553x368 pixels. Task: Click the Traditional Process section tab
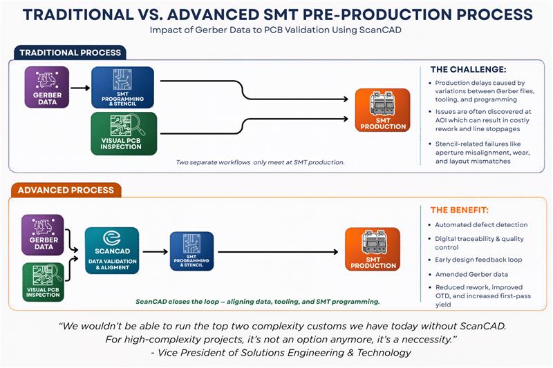tap(69, 52)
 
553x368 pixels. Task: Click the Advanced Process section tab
tap(66, 190)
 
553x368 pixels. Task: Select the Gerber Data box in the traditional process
tap(47, 87)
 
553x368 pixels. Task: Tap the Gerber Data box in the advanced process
tap(43, 235)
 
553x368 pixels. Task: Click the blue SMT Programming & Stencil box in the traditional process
tap(122, 87)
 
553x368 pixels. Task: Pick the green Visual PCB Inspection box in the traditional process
tap(122, 133)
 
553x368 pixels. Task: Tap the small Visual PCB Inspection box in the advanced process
tap(43, 282)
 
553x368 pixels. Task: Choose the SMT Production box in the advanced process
tap(373, 250)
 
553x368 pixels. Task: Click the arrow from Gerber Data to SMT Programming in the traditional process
tap(80, 88)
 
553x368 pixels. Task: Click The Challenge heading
tap(468, 70)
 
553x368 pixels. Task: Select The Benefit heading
tap(460, 210)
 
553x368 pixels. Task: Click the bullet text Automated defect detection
tap(480, 225)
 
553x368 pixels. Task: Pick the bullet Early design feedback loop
tap(478, 260)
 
